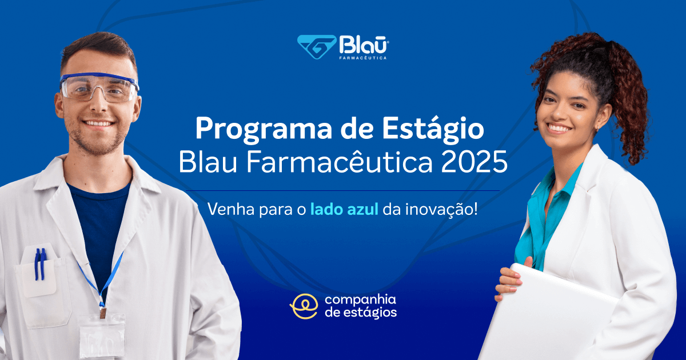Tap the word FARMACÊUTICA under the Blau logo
point(364,58)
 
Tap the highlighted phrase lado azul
point(344,209)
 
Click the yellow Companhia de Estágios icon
point(304,306)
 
